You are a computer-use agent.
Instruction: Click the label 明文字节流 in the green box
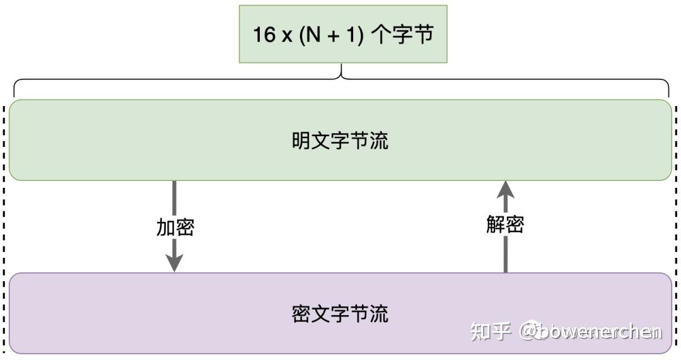coord(340,140)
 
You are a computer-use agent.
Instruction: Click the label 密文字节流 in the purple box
coord(340,313)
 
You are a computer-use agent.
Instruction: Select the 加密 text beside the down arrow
coord(175,228)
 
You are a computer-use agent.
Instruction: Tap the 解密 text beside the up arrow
coord(505,224)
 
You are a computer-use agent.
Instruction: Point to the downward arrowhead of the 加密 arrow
coord(174,264)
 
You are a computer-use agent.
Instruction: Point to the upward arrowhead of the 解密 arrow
coord(505,189)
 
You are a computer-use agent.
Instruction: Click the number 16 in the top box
coord(264,35)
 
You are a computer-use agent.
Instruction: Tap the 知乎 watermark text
coord(490,330)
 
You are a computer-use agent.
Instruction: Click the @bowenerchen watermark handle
coord(590,331)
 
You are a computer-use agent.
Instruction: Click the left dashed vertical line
coord(4,227)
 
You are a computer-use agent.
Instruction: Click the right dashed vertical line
coord(676,227)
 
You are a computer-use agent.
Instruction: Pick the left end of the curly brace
coord(15,91)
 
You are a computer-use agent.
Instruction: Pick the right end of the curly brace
coord(668,91)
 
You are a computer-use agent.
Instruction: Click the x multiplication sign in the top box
coord(286,36)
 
